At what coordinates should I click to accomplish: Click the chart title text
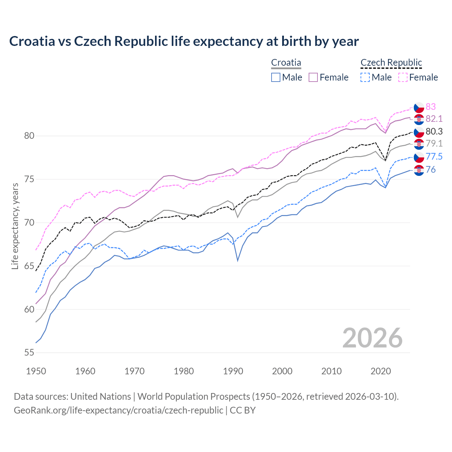(x=184, y=41)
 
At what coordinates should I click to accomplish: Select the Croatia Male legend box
(x=276, y=77)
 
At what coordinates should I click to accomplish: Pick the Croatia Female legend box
(x=313, y=77)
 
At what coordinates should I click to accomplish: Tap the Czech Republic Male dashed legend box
(x=365, y=77)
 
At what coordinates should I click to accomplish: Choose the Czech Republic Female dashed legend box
(x=403, y=77)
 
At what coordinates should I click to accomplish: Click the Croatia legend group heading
(x=286, y=63)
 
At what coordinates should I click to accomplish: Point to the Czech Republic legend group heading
(x=391, y=63)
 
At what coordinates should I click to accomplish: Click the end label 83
(x=431, y=107)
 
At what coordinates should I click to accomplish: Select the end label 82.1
(x=434, y=119)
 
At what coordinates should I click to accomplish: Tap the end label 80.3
(x=434, y=132)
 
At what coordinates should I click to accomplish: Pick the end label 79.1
(x=434, y=143)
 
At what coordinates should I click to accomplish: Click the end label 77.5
(x=434, y=157)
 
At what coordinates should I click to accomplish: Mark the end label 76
(x=431, y=170)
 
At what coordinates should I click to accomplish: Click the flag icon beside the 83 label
(x=419, y=107)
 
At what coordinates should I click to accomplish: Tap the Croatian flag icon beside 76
(x=419, y=170)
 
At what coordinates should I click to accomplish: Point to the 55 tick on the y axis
(x=29, y=353)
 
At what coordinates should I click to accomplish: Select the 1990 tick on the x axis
(x=233, y=371)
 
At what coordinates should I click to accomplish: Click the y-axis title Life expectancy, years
(x=15, y=226)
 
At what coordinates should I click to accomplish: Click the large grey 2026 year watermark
(x=372, y=338)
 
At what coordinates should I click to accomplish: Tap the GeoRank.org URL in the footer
(x=118, y=410)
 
